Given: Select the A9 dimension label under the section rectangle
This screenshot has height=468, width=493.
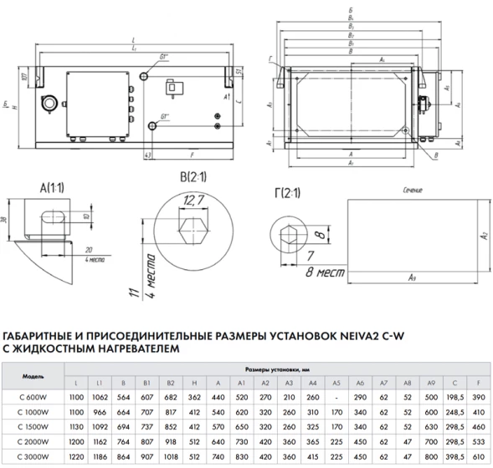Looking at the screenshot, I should point(411,276).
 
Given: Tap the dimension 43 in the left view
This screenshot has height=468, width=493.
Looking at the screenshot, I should point(147,155).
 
